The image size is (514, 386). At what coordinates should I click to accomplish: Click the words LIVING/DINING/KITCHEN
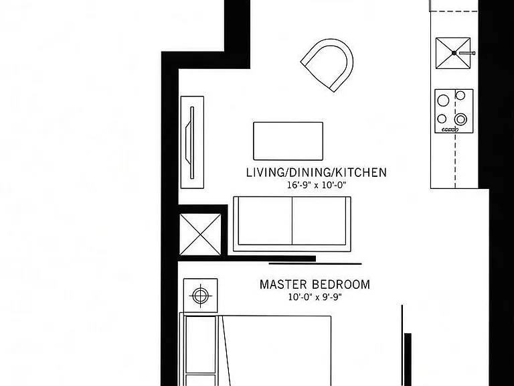point(317,172)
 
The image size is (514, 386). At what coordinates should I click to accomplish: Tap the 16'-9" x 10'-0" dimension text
point(317,185)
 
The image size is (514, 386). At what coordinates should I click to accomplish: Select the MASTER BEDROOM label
point(315,284)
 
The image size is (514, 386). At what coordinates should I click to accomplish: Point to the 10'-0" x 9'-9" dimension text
point(315,297)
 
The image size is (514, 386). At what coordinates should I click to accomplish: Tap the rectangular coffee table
point(288,141)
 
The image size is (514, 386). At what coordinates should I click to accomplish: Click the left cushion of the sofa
point(265,220)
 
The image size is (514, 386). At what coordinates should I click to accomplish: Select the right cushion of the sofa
point(319,220)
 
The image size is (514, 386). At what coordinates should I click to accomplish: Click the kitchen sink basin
point(452,53)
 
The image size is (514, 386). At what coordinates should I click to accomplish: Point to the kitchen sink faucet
point(466,53)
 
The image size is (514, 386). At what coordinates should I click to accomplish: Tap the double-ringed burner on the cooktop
point(461,119)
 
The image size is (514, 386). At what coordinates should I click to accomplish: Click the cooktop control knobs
point(450,129)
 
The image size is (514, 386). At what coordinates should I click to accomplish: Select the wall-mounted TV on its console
point(192,143)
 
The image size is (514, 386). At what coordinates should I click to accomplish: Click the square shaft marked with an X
point(200,235)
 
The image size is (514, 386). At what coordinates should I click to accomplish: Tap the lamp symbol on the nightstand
point(200,296)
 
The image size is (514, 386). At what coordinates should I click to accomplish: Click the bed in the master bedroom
point(256,350)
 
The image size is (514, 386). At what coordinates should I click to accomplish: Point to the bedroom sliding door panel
point(315,263)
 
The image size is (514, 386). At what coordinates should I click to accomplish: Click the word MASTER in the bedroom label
point(283,284)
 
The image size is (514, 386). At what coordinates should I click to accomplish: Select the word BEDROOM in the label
point(341,284)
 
